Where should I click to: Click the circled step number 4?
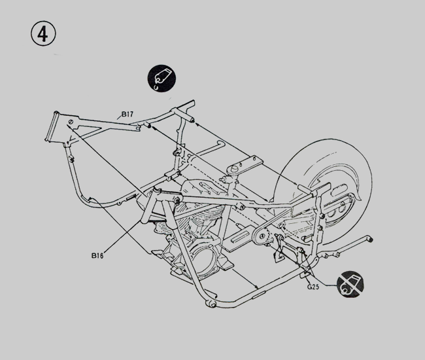pos(42,33)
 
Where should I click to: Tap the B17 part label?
pos(127,115)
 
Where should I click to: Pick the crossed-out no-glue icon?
pos(350,285)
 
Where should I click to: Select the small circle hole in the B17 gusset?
pos(70,122)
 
